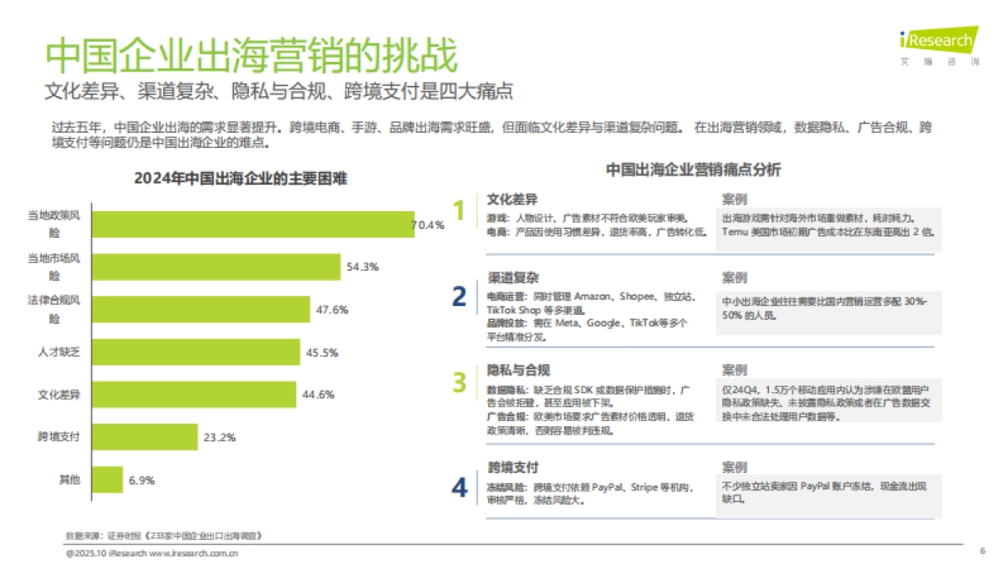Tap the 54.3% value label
coord(362,267)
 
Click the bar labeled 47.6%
coord(201,309)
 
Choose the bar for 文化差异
coord(193,394)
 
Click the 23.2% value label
coord(218,437)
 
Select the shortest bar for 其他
coord(107,480)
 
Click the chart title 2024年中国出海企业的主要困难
coord(240,179)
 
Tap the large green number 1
coord(458,211)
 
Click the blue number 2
coord(459,297)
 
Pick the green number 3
coord(459,382)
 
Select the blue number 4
coord(459,488)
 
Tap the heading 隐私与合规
coord(518,369)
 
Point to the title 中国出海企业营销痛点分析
coord(693,170)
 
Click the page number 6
coord(982,551)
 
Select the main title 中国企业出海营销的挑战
coord(252,57)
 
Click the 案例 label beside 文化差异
coord(734,200)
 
